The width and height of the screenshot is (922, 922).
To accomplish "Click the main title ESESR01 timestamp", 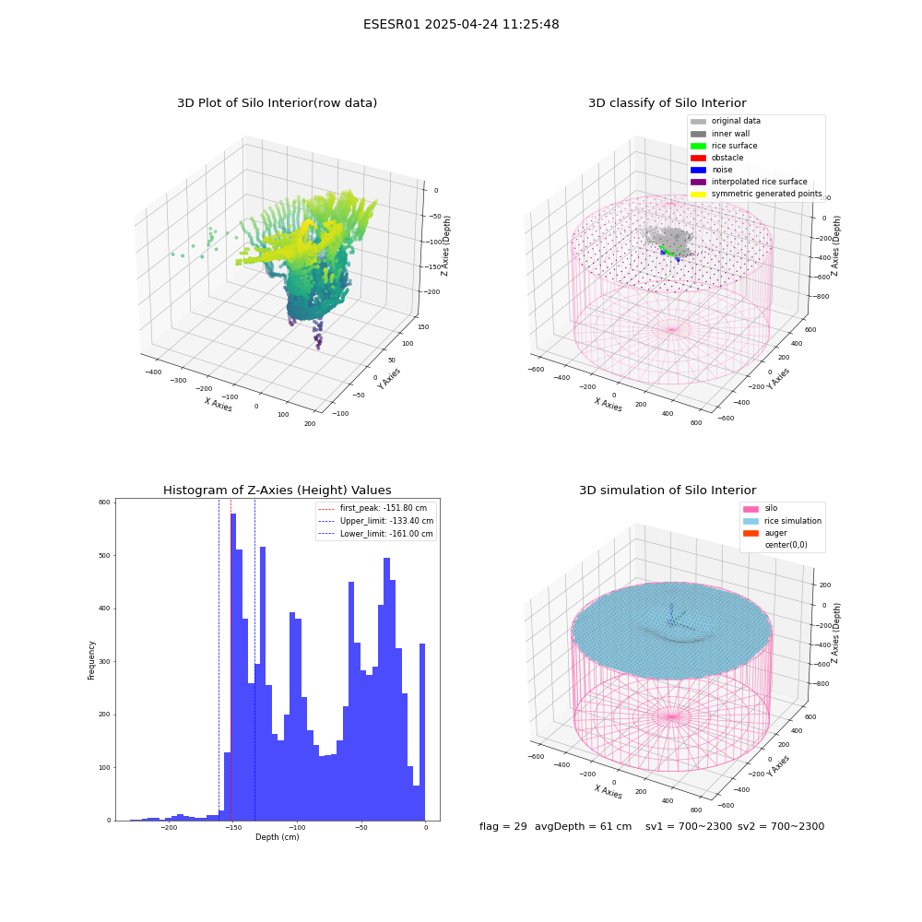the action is coord(461,24).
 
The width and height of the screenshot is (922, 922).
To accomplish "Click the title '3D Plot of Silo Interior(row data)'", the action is coord(277,103).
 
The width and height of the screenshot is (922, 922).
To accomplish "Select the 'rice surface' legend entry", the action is coord(724,146).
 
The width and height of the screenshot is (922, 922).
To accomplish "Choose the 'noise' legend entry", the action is coord(712,170).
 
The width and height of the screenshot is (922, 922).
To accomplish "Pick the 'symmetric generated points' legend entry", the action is coord(756,194).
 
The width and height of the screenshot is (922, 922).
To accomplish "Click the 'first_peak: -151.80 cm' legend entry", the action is coord(372,508).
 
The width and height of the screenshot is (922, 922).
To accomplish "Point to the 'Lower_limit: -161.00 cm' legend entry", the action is coord(376,534).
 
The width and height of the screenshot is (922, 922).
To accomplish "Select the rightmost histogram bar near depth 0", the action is coord(421,732).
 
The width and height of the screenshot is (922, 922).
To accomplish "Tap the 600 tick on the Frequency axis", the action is coord(104,502).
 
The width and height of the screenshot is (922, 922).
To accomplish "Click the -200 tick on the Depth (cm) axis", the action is coord(169,827).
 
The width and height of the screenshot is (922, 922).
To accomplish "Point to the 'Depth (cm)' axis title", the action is coord(277,837).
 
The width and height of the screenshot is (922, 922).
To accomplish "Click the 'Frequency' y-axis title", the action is coord(91,660).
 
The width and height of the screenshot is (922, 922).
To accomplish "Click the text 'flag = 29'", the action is coord(502,826).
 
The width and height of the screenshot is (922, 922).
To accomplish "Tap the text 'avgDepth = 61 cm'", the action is coord(583,826).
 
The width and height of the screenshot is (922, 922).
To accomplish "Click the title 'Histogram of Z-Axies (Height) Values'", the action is coord(277,491).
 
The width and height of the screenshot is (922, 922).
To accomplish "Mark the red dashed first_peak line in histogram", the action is coord(231,660).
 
